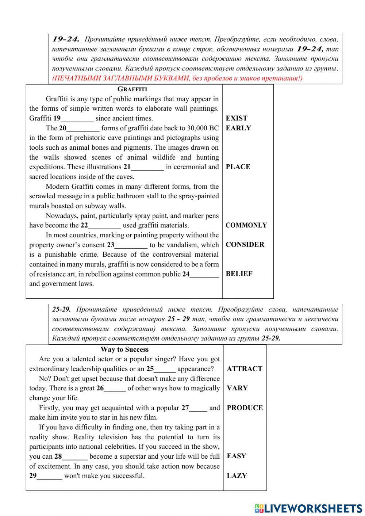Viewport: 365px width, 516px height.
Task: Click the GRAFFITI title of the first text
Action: click(x=132, y=89)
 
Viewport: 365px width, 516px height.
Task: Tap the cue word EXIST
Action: click(x=236, y=118)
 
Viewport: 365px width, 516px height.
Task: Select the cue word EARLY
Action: click(x=238, y=128)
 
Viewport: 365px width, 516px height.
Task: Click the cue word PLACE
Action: click(x=238, y=167)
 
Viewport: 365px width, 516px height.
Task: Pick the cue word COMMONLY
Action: click(x=246, y=225)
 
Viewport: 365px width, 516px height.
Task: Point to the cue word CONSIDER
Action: click(x=245, y=245)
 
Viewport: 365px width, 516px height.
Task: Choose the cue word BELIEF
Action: click(x=239, y=274)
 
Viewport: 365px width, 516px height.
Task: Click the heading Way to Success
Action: click(x=124, y=349)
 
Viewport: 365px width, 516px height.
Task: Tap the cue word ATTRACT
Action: click(x=245, y=369)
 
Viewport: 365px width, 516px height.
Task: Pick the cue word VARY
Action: click(x=237, y=388)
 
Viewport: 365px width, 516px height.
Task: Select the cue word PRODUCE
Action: click(x=245, y=408)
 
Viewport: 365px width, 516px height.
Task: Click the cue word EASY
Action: click(x=237, y=456)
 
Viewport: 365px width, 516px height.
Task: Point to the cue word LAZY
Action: click(x=237, y=476)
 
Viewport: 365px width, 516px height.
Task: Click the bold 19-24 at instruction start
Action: click(x=66, y=39)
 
